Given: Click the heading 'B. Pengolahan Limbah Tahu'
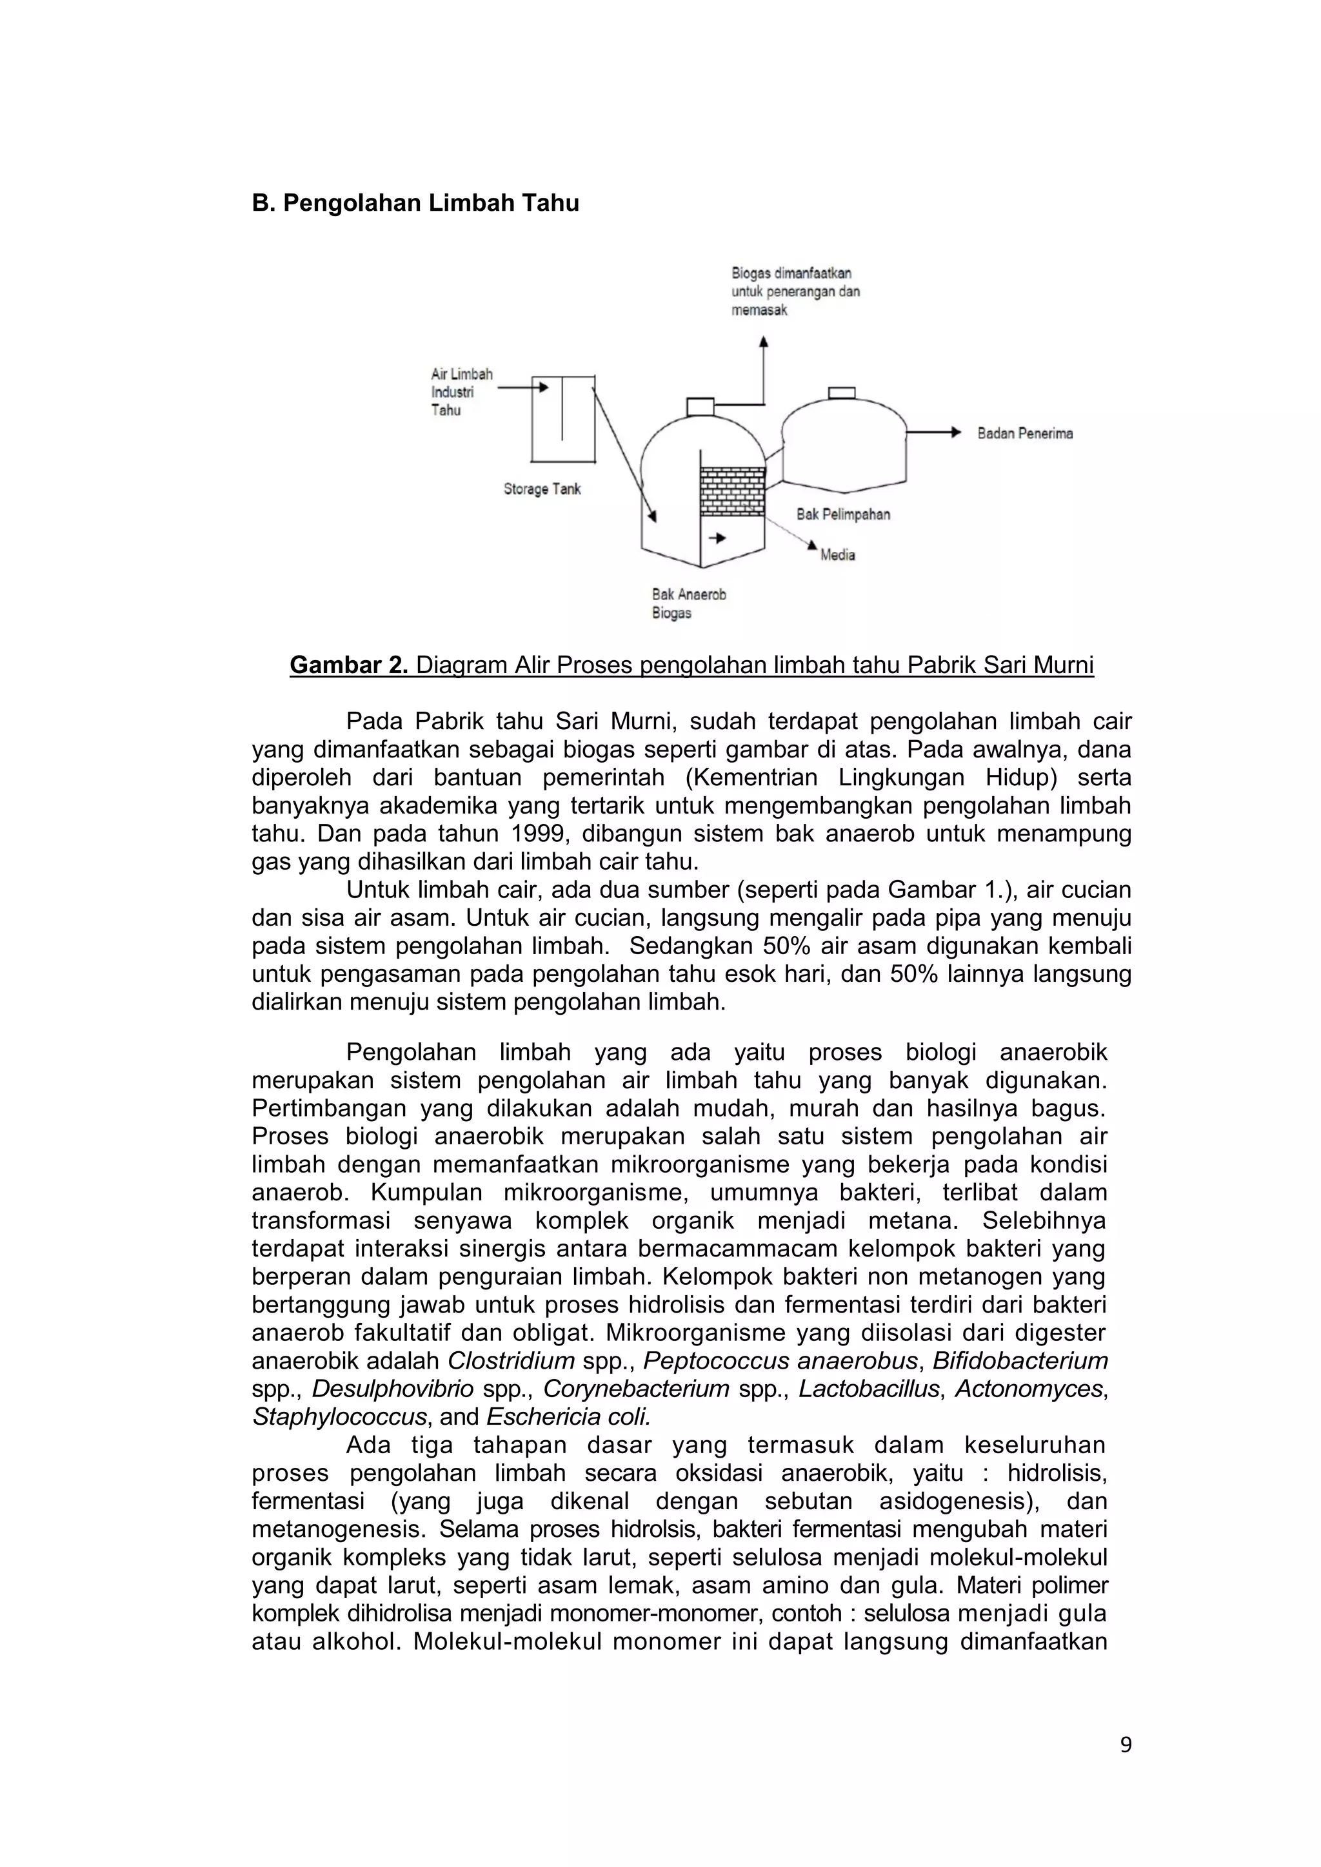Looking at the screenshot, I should click(415, 203).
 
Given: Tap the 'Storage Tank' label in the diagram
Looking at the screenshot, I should click(542, 489).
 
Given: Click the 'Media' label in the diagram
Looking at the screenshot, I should click(837, 554).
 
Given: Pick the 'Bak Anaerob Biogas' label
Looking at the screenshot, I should click(688, 603).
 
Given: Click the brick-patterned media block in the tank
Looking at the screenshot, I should click(732, 491).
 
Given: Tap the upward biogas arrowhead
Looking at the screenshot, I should click(763, 342).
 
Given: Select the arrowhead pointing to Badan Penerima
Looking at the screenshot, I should click(957, 433).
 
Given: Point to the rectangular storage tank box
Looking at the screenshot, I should click(563, 420).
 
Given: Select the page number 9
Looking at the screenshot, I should click(1125, 1745).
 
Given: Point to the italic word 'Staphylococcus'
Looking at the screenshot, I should click(339, 1416).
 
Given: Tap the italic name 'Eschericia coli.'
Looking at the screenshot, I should click(568, 1416).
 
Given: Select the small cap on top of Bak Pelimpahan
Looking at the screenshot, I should click(841, 393).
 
